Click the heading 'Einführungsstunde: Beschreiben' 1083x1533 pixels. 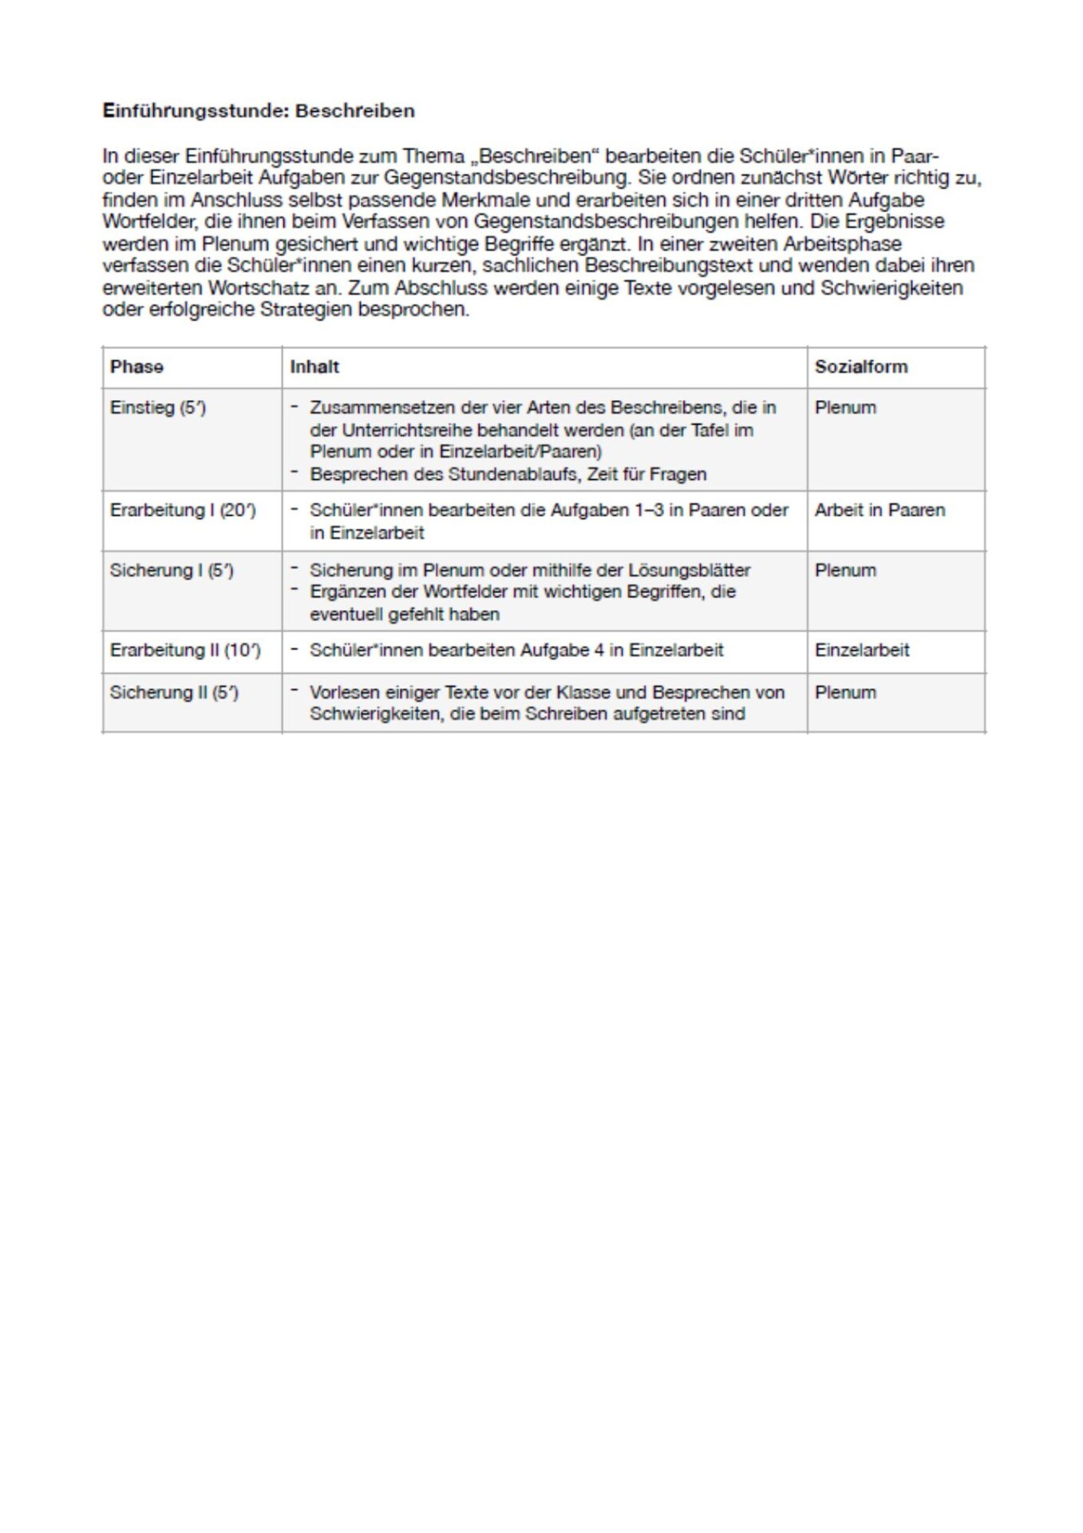pos(258,111)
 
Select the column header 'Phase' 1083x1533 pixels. pos(136,367)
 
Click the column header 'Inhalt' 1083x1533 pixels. pos(314,367)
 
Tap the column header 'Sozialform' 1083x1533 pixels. pos(861,367)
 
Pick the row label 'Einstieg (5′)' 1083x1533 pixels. pos(158,408)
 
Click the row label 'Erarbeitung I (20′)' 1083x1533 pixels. pos(183,510)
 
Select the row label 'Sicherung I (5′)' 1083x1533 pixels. pos(172,571)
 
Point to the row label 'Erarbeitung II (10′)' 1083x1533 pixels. pos(185,651)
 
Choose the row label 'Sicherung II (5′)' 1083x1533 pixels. pos(174,693)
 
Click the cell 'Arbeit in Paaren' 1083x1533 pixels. pos(879,510)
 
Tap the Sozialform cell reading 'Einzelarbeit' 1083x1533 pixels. pos(862,651)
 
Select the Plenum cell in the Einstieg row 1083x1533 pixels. pos(845,408)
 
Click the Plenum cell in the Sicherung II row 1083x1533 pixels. pos(845,693)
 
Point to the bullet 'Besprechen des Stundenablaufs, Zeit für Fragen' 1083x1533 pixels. pos(508,474)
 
